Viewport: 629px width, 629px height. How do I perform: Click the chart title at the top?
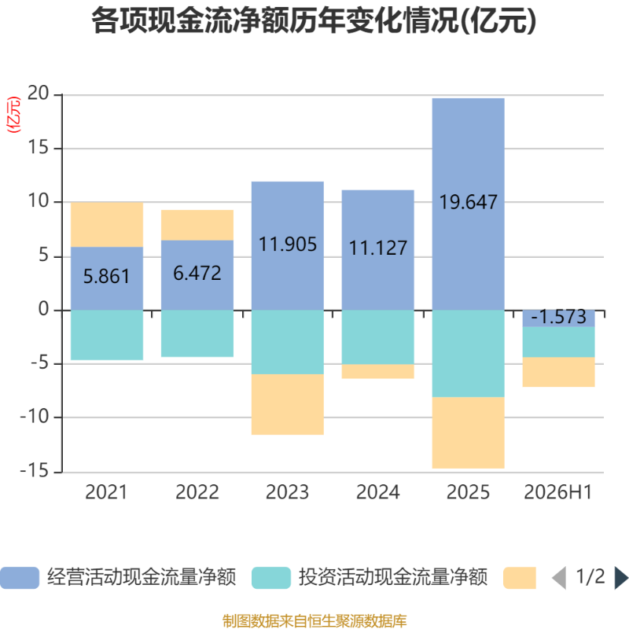[314, 21]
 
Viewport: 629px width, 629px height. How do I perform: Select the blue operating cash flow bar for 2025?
[468, 204]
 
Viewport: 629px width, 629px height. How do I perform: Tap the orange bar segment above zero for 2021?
[107, 225]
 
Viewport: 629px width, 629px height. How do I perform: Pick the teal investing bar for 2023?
[288, 342]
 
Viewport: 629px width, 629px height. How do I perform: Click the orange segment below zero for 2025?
[468, 432]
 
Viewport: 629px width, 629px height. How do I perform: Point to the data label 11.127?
[378, 248]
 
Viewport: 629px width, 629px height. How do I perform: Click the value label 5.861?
[107, 277]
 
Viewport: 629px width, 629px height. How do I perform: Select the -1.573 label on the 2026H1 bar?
[558, 317]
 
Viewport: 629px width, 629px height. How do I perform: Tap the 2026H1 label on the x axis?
[558, 492]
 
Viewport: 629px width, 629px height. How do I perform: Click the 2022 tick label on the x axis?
[197, 492]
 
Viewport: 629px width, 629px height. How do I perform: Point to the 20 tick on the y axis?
[38, 94]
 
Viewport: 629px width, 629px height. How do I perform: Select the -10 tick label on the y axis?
[35, 417]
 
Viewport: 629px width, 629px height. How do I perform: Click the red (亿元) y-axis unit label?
[13, 115]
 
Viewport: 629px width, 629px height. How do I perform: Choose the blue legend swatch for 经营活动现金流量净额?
[20, 578]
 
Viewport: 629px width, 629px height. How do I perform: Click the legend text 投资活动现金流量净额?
[393, 577]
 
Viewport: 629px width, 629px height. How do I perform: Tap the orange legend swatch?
[520, 578]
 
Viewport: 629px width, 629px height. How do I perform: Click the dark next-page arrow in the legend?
[621, 578]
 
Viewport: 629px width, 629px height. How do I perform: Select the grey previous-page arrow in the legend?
[559, 578]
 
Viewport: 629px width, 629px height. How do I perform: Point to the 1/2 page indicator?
[590, 577]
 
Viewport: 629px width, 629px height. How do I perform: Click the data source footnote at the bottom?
[314, 620]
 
